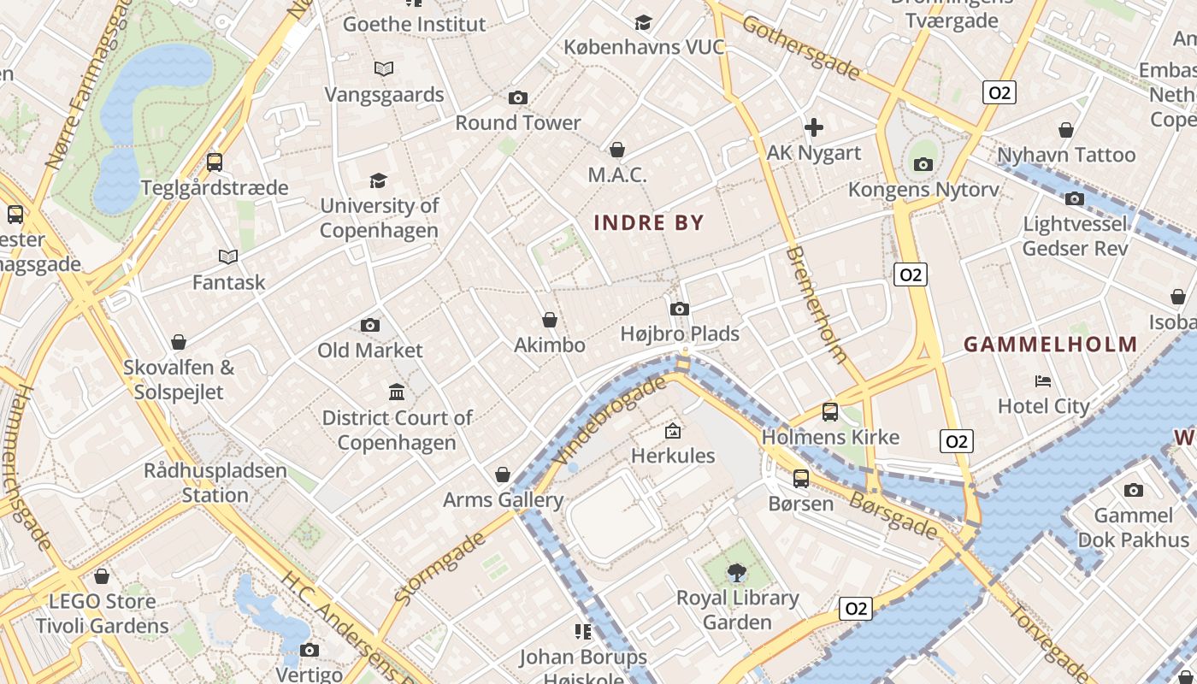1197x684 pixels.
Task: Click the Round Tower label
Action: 518,123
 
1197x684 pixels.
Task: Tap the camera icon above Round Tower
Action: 517,97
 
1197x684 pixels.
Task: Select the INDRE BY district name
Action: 649,223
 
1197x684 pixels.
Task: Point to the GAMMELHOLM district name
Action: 1051,345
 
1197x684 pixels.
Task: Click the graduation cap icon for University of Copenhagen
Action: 378,180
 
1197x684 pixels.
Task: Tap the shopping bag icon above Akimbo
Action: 550,320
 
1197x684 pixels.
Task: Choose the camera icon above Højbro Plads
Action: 680,309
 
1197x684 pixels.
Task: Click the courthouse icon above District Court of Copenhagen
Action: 397,392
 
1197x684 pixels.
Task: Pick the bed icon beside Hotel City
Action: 1043,380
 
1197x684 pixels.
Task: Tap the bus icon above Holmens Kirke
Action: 829,412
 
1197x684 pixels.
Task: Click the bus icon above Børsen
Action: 800,478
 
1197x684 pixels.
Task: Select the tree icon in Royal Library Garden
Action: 736,571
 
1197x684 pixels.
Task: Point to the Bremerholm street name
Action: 816,304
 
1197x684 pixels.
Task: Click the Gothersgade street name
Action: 801,47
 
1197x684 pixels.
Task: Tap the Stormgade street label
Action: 441,569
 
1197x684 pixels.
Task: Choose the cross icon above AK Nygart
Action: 814,127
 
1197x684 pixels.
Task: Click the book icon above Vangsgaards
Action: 384,68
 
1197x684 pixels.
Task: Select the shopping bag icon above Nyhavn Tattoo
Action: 1066,130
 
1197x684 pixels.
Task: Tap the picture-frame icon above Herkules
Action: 673,430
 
